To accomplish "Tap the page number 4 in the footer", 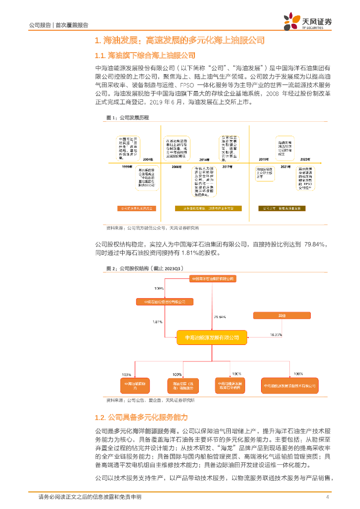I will click(x=327, y=497).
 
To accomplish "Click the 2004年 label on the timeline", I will click(x=148, y=159).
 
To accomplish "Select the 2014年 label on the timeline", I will click(x=204, y=159).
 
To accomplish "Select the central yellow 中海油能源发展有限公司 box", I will click(x=212, y=338).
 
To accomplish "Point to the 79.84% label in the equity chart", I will click(x=220, y=317).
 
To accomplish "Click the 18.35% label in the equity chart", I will click(x=276, y=334).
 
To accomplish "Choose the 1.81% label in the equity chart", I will click(x=158, y=322).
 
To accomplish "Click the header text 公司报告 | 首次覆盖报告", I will click(x=59, y=25).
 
